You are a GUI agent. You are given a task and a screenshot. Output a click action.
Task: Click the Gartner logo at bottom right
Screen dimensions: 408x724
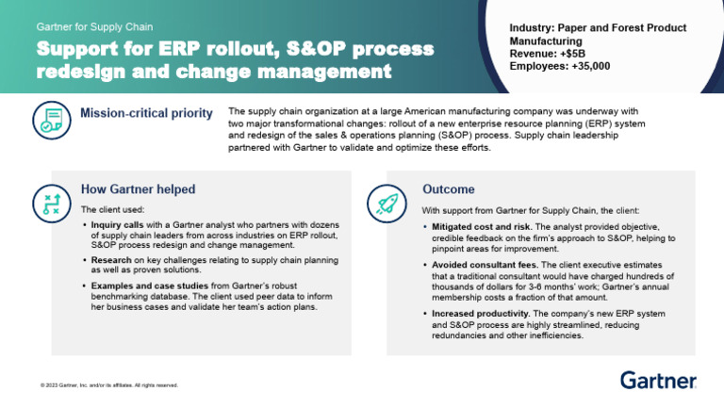click(658, 380)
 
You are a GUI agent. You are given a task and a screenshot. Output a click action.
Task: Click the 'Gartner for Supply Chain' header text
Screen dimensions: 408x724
click(94, 26)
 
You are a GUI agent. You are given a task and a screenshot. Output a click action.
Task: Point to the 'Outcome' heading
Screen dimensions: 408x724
click(448, 188)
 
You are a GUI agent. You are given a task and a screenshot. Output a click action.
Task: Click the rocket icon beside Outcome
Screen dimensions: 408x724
click(388, 202)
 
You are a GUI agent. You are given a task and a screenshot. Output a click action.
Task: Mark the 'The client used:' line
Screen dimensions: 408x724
click(112, 209)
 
